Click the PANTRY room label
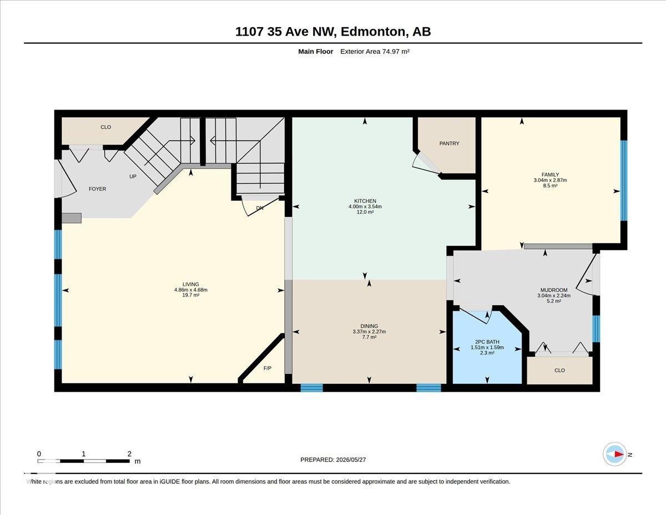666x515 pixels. pos(449,143)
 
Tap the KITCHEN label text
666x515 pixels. pos(365,201)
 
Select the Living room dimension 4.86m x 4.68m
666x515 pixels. pos(190,289)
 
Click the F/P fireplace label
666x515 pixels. pos(268,368)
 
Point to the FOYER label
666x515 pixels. pos(98,189)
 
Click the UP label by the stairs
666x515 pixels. pos(133,176)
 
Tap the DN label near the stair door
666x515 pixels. pos(260,208)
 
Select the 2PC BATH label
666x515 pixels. pos(487,342)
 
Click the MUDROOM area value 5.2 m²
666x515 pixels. pos(553,301)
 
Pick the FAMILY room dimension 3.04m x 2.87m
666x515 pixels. pos(550,180)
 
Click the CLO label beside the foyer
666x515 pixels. pos(106,127)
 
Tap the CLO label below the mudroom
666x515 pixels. pos(559,370)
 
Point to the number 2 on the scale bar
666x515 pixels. pos(129,454)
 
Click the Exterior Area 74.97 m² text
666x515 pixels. pos(375,52)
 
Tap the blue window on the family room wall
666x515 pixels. pos(624,181)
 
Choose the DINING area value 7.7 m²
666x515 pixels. pos(369,337)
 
